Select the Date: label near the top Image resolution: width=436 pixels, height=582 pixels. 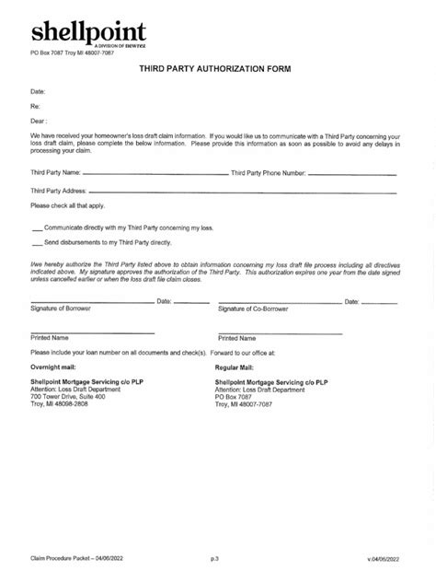pos(39,91)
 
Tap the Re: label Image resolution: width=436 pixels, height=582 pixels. pos(36,106)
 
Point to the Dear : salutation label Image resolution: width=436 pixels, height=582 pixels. pos(39,120)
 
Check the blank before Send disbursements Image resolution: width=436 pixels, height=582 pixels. pos(36,243)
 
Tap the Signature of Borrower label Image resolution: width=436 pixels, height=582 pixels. pos(60,309)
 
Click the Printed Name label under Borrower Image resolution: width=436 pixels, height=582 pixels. pos(50,338)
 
